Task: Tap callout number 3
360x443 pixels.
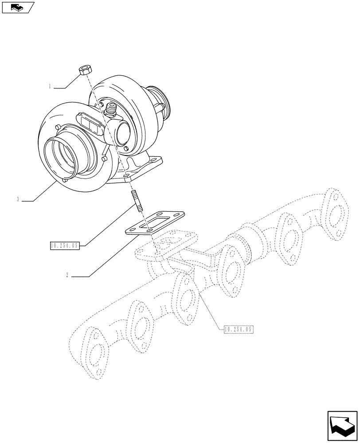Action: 17,200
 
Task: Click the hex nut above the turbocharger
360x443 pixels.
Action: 84,70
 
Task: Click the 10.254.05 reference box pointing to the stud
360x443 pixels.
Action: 65,245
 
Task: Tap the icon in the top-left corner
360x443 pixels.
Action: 17,7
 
